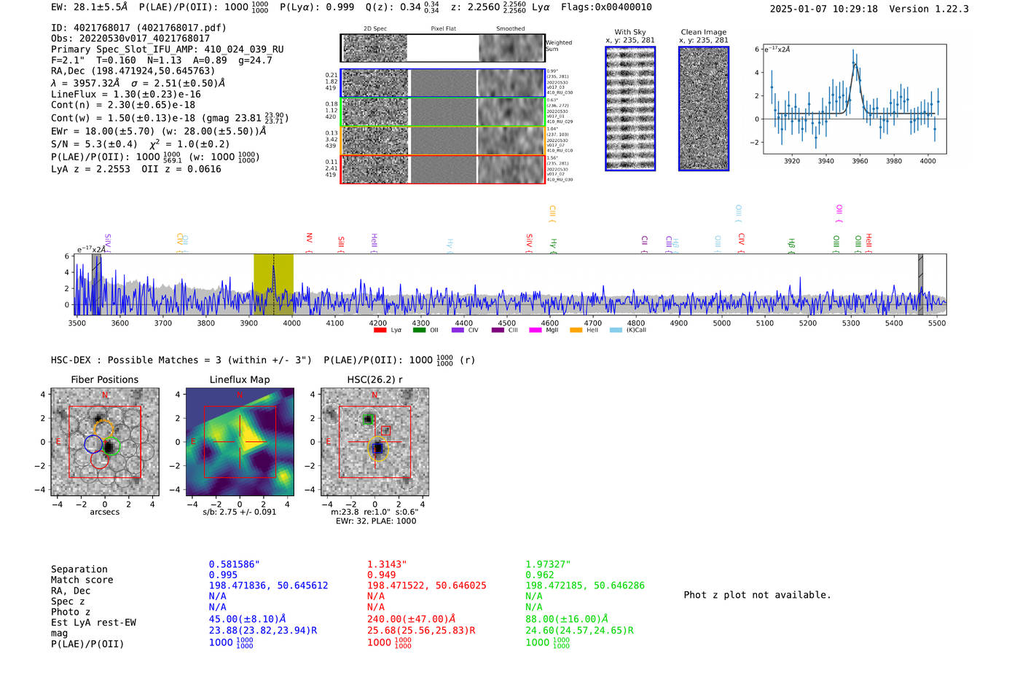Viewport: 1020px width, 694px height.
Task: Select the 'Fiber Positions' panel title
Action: tap(104, 379)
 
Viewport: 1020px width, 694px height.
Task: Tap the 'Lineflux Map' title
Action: tap(240, 379)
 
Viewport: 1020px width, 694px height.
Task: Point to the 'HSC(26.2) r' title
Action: tap(374, 379)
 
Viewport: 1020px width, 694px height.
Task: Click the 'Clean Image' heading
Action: tap(703, 32)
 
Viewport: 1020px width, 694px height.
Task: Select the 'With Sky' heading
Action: tap(629, 32)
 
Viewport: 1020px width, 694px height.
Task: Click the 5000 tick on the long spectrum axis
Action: tap(721, 323)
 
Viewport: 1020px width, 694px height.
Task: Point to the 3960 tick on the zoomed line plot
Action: tap(860, 161)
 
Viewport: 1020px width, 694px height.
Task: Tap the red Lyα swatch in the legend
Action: tap(380, 330)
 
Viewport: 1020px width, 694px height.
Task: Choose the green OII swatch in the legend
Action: tap(419, 330)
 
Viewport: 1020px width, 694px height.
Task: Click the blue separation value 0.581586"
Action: tap(234, 564)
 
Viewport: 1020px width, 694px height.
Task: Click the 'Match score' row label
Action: tap(82, 580)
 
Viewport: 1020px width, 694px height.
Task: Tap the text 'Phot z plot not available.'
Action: tap(757, 595)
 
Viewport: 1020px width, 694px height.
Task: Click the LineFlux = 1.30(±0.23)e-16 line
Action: tap(126, 94)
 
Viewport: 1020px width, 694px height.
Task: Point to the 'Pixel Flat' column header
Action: tap(443, 28)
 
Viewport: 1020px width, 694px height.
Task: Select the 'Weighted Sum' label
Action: tap(558, 45)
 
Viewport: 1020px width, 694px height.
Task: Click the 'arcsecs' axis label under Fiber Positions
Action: tap(104, 512)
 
